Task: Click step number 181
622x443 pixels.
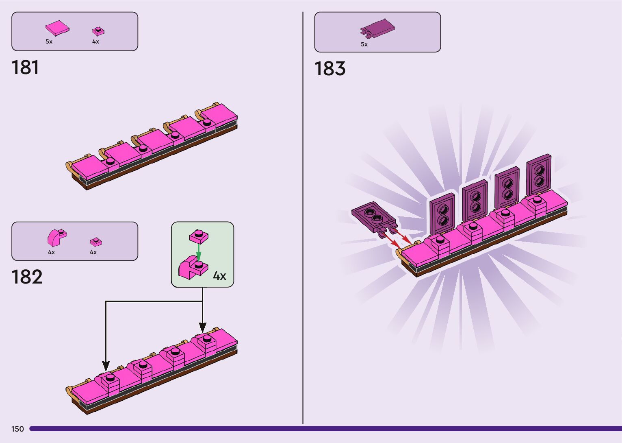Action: tap(25, 68)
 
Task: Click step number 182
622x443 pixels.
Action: tap(27, 277)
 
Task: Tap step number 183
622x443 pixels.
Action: tap(329, 69)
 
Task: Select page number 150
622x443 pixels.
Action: tap(17, 429)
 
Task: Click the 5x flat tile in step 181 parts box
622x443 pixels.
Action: tap(57, 28)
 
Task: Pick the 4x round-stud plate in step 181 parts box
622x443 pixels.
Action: tap(98, 31)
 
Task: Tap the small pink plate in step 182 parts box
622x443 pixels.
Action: tap(96, 242)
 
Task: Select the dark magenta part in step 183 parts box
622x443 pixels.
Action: tap(377, 28)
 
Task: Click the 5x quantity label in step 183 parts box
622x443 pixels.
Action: tap(364, 44)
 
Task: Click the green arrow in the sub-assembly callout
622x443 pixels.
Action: tap(198, 251)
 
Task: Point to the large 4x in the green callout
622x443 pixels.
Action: tap(219, 276)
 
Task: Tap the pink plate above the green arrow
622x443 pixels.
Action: tap(199, 236)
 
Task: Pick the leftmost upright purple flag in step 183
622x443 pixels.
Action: tap(442, 214)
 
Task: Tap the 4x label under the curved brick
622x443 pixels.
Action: tap(51, 252)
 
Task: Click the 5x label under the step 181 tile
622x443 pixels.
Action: tap(49, 41)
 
